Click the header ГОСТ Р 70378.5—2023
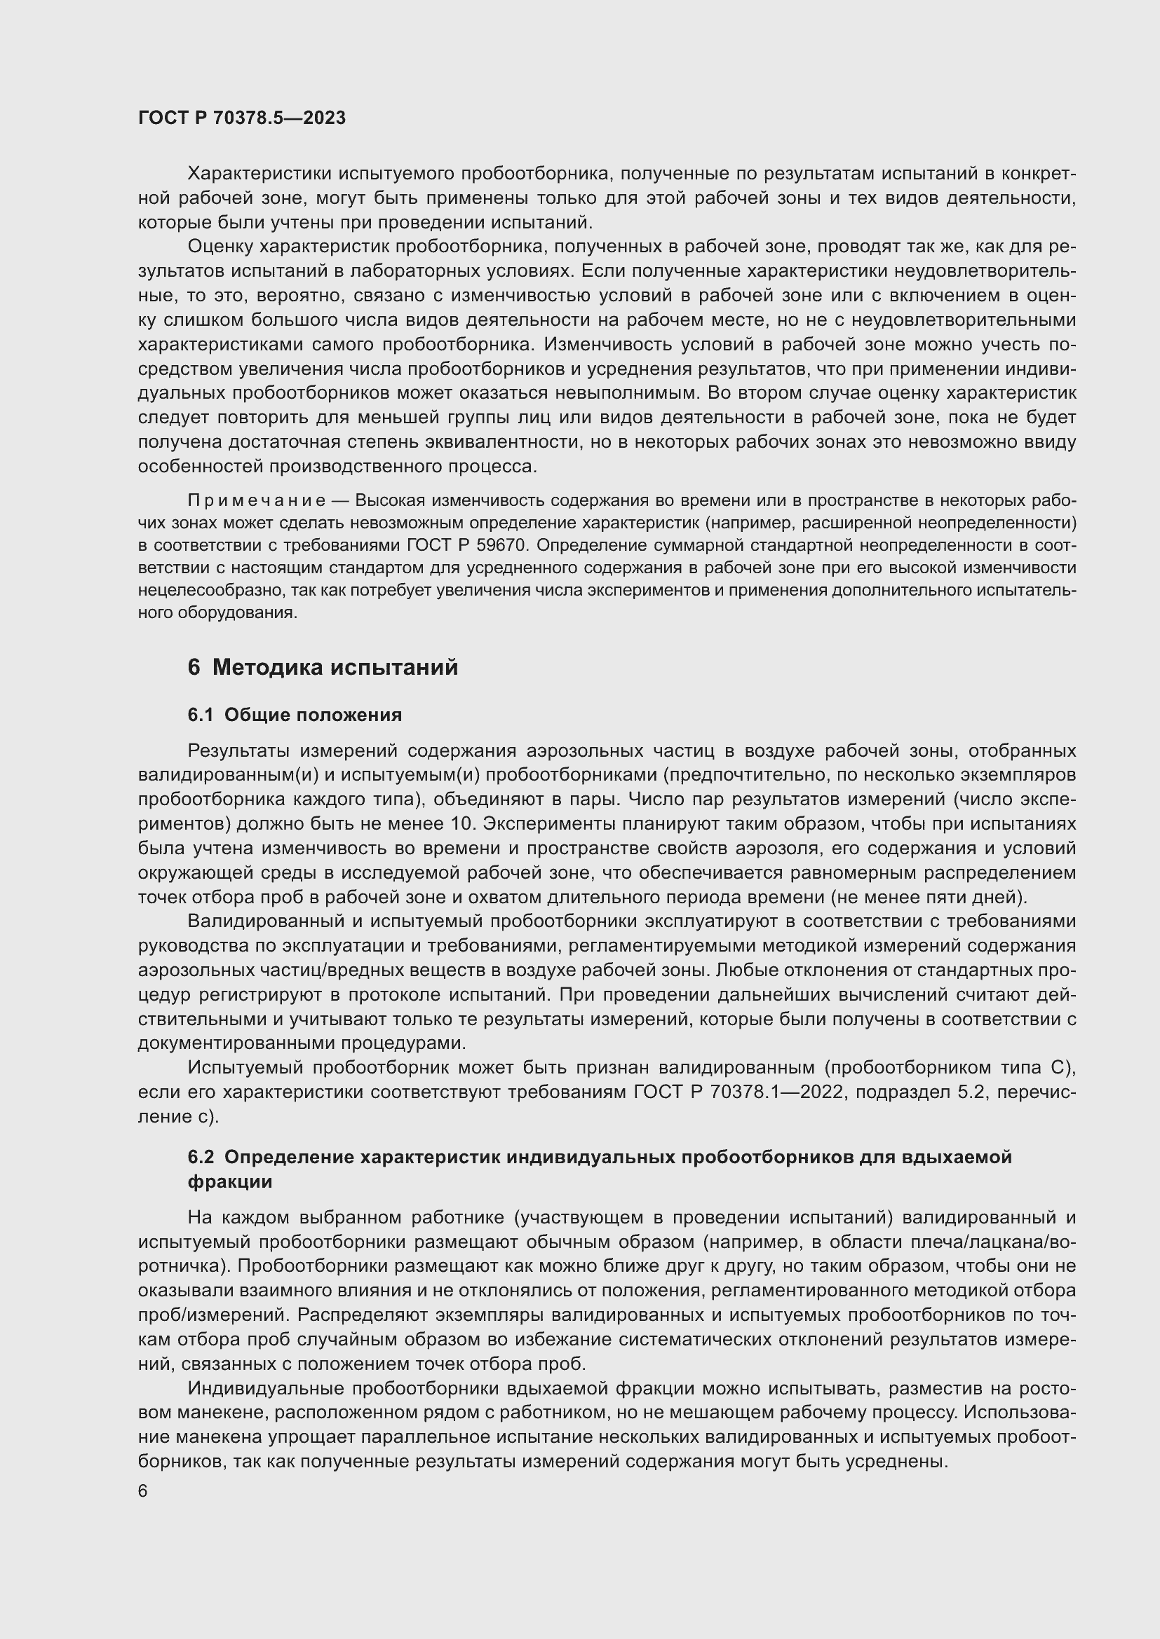(241, 118)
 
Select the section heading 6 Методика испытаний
(323, 668)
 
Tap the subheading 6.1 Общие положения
(295, 715)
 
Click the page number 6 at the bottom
(143, 1491)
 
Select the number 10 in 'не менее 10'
(463, 824)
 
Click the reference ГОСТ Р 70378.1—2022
(738, 1092)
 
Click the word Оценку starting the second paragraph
(220, 247)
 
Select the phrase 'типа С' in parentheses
(1040, 1068)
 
